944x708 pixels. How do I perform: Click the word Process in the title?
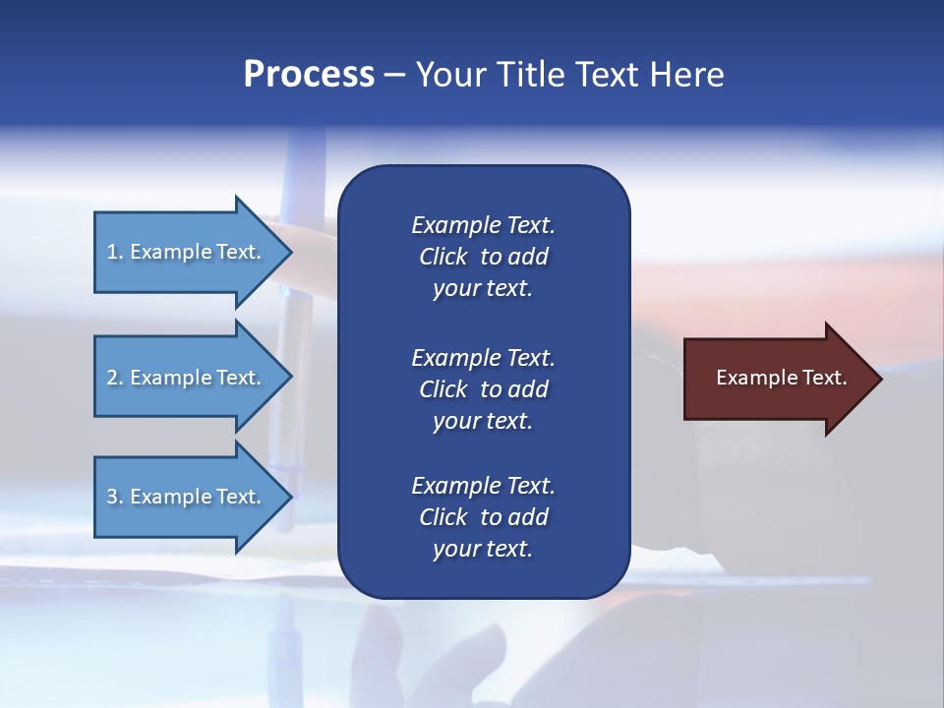pyautogui.click(x=309, y=75)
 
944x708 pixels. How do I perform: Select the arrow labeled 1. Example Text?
pyautogui.click(x=187, y=252)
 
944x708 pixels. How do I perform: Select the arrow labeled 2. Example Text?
pyautogui.click(x=187, y=378)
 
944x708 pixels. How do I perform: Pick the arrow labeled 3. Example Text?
pyautogui.click(x=187, y=497)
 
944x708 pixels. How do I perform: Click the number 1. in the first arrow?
pyautogui.click(x=115, y=252)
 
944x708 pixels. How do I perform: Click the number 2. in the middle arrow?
pyautogui.click(x=115, y=378)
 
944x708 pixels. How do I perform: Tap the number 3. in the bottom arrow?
pyautogui.click(x=115, y=497)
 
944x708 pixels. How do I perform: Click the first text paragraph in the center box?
pyautogui.click(x=483, y=257)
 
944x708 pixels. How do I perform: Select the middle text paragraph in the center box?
pyautogui.click(x=483, y=389)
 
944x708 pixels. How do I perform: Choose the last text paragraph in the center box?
pyautogui.click(x=483, y=517)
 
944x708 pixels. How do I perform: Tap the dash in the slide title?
pyautogui.click(x=394, y=75)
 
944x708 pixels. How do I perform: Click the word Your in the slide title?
pyautogui.click(x=447, y=75)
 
